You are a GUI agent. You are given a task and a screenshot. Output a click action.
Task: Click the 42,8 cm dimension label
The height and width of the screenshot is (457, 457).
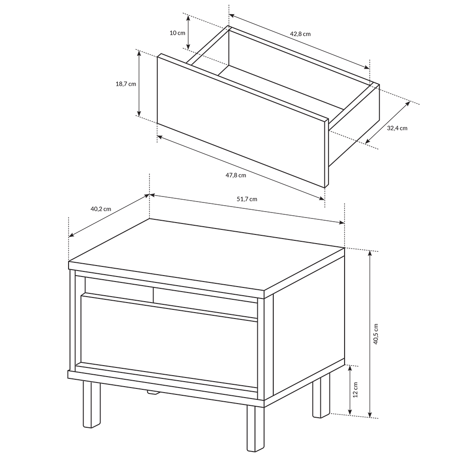coord(300,34)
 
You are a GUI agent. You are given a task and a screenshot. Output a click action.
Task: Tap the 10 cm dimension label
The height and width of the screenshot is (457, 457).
coord(177,32)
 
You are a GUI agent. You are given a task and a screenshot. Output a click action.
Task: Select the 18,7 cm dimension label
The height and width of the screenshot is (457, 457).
coord(126,84)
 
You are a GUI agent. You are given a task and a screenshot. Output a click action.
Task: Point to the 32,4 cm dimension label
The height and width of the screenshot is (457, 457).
coord(397,128)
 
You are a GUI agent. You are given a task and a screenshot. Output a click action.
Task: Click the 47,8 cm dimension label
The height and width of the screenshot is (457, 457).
coord(236,175)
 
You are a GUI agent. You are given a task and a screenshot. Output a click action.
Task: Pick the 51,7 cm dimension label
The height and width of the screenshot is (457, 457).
coord(247,199)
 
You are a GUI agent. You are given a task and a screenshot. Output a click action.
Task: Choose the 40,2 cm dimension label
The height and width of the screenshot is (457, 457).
coord(101,209)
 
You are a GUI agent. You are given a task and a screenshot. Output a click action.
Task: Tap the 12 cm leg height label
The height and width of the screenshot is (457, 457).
coord(355,389)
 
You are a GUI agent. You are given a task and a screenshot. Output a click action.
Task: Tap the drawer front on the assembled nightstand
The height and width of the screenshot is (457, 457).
coord(169,341)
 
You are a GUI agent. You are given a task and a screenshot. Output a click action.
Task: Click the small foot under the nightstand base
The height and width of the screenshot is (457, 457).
coord(154,392)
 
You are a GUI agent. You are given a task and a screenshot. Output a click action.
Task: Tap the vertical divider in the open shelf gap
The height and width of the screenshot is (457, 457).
coord(153,295)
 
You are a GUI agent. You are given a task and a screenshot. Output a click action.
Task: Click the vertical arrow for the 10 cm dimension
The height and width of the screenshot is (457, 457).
coord(188,32)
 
